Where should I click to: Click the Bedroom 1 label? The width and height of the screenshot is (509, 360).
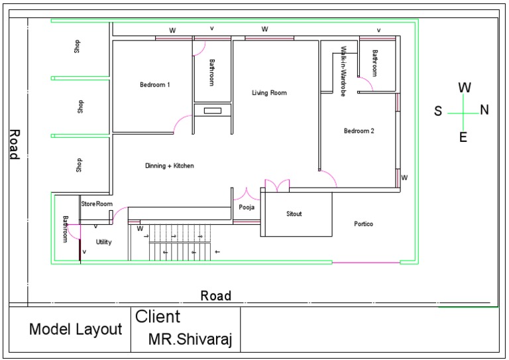pos(155,85)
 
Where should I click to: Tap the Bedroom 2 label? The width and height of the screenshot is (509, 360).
pos(359,131)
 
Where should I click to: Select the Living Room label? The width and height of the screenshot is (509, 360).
pos(269,93)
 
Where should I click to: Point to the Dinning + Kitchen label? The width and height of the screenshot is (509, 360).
pos(170,166)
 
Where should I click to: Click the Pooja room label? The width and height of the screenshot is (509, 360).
pos(246,208)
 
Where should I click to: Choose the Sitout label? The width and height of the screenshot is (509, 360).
pos(294,214)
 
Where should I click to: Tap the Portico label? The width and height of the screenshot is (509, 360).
pos(363,224)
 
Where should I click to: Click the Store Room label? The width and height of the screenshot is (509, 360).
pos(97,204)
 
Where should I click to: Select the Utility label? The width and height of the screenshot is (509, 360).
pos(103,243)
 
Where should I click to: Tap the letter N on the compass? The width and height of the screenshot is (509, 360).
pos(484,111)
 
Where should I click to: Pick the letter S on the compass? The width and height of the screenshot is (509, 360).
pos(438,111)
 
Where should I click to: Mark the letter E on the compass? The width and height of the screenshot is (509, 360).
pos(463,137)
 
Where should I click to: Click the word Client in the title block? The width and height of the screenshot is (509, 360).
pos(158,317)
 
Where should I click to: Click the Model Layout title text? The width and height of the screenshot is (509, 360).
pos(76,330)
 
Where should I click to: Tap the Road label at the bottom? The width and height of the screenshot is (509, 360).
pos(216,296)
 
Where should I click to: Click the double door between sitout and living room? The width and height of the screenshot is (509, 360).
pos(276,186)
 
